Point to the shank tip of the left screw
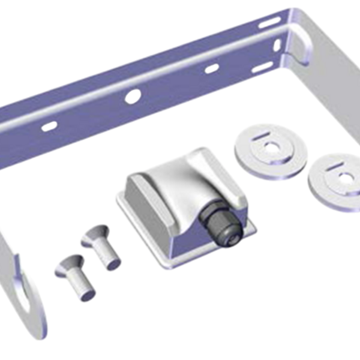click(x=86, y=293)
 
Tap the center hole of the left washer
click(x=272, y=146)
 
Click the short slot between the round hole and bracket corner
click(x=212, y=67)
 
